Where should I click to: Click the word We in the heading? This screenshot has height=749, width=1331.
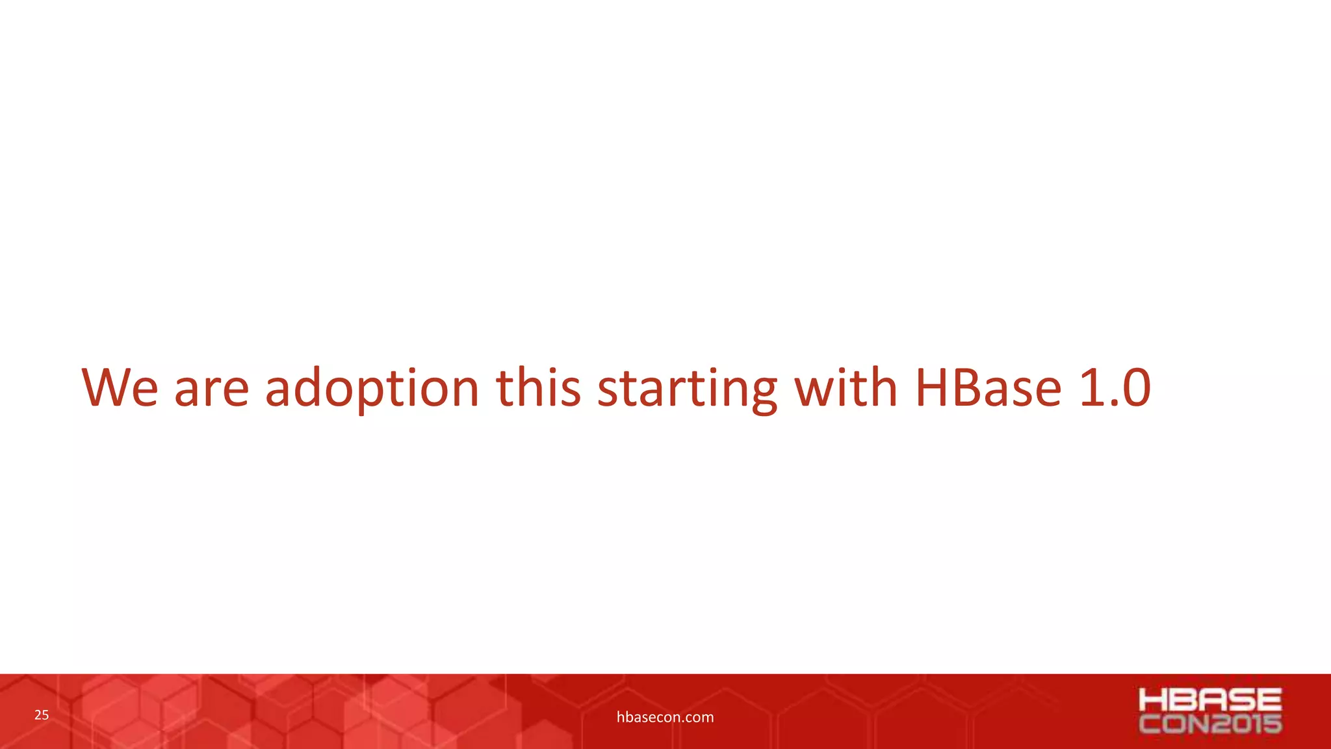120,388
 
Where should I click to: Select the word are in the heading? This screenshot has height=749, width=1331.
212,389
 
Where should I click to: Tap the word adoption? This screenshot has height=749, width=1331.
372,389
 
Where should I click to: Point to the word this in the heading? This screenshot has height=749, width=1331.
538,388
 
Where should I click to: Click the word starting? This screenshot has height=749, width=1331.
687,389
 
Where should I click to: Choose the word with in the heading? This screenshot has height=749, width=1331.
846,388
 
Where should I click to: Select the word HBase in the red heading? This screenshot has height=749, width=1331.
989,388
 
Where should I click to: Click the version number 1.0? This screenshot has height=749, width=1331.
1115,388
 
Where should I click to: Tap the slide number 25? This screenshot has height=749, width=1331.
42,715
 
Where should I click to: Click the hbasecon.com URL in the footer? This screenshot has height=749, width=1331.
665,717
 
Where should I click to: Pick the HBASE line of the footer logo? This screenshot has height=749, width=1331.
1210,700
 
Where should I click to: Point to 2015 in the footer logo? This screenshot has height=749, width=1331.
1246,724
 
